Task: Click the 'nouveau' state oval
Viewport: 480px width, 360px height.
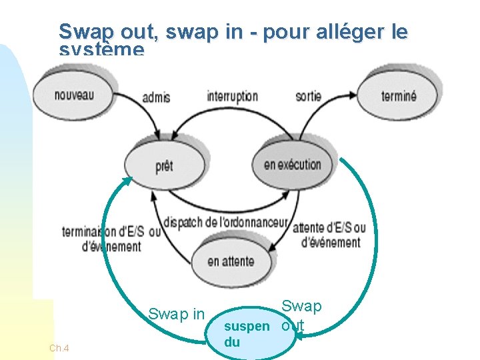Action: [x=73, y=93]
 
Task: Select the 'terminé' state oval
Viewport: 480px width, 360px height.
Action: [x=399, y=95]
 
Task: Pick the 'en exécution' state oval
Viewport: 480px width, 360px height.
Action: [x=293, y=164]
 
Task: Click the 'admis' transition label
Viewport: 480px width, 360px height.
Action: [x=156, y=97]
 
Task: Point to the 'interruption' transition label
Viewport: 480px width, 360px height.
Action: [x=232, y=96]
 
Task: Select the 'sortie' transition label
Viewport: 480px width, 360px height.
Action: [x=308, y=96]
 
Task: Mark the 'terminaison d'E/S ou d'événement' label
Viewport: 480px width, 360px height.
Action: [x=111, y=239]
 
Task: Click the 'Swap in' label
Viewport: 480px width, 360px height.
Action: [x=176, y=314]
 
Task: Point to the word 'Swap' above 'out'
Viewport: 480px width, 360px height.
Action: [x=301, y=306]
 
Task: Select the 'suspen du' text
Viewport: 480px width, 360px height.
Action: [x=246, y=334]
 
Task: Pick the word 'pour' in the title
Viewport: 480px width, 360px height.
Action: [x=286, y=31]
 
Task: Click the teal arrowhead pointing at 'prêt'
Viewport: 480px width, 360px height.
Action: [x=126, y=182]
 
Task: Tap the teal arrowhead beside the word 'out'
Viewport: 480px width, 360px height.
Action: [x=300, y=337]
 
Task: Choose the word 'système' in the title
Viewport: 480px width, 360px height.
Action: [x=101, y=51]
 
